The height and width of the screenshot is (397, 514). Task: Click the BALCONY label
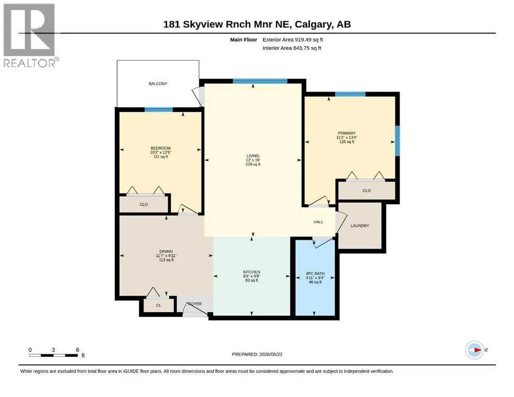tap(158, 84)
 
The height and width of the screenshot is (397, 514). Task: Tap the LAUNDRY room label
tap(360, 226)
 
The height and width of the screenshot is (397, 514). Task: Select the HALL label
tap(318, 222)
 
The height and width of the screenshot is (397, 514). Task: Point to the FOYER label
tap(195, 304)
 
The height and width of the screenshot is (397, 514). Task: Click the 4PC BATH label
tap(315, 273)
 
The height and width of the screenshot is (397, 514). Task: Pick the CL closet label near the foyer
tap(159, 306)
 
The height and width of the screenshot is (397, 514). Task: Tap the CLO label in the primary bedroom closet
tap(366, 191)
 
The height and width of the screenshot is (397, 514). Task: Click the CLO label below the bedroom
tap(143, 205)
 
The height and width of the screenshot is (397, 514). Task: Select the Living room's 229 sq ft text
tap(253, 164)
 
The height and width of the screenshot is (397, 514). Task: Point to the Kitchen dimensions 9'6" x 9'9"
tap(252, 276)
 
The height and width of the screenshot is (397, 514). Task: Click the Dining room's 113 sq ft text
tap(166, 260)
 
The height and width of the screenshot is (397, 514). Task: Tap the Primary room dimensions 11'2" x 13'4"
tap(346, 138)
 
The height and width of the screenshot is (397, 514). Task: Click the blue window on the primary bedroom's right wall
tap(397, 141)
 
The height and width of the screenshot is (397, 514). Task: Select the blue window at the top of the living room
tap(260, 82)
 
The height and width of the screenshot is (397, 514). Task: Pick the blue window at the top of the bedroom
tap(159, 110)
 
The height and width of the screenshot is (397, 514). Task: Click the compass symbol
tap(475, 350)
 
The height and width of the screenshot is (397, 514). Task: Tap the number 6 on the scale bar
tap(78, 350)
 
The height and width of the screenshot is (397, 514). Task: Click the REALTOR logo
tap(30, 36)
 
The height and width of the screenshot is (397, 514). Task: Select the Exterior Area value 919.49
tap(303, 40)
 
